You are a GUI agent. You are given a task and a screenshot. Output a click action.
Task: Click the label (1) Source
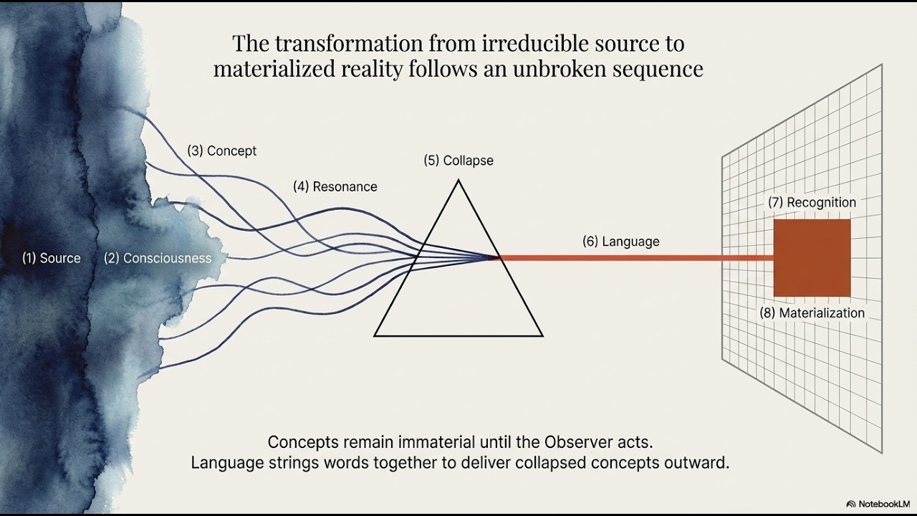[51, 258]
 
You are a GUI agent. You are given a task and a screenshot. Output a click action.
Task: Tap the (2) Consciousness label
[158, 258]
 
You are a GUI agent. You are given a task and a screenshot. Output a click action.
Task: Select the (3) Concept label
[222, 150]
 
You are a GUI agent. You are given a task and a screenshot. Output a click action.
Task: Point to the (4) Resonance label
[335, 187]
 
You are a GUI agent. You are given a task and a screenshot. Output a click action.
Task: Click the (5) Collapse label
[458, 161]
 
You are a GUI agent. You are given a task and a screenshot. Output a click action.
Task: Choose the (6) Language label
[621, 242]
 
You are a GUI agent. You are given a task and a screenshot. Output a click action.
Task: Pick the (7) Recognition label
[812, 202]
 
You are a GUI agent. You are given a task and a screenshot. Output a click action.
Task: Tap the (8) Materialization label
[812, 313]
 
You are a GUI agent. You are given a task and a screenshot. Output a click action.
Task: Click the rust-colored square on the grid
[812, 258]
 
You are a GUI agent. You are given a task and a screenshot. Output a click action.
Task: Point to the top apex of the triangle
[458, 180]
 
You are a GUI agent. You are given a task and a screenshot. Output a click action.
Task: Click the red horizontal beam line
[637, 258]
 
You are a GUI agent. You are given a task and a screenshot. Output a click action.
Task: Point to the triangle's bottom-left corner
[374, 336]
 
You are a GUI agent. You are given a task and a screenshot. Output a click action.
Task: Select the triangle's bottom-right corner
[543, 336]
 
